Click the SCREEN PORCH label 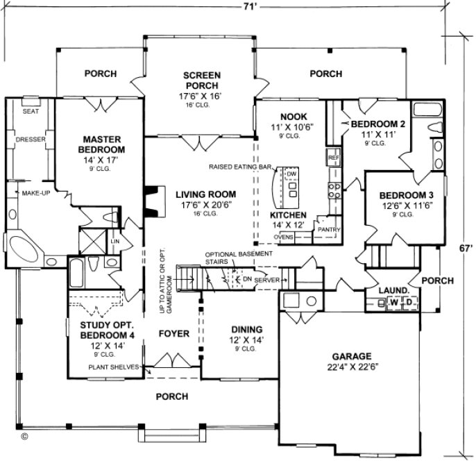tap(203, 81)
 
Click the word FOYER tap(173, 333)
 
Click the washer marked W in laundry tap(393, 302)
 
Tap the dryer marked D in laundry tap(409, 302)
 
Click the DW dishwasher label tap(291, 174)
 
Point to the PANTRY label tap(326, 228)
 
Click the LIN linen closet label tap(114, 241)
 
